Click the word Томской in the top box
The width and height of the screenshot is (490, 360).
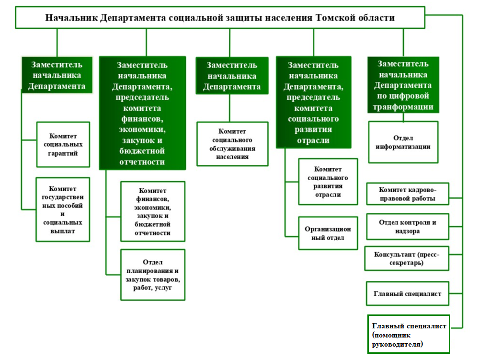[x=335, y=18]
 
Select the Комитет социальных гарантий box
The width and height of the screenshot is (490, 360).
[x=63, y=144]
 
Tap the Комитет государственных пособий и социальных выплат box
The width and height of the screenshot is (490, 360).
[x=63, y=209]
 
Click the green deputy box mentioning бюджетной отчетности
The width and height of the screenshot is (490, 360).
[x=143, y=113]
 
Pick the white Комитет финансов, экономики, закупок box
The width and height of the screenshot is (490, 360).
[x=153, y=211]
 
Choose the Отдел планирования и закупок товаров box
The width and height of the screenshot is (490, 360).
[x=153, y=275]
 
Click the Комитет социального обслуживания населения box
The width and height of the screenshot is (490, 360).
[x=232, y=144]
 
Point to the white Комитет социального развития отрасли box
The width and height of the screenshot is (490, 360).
[x=328, y=182]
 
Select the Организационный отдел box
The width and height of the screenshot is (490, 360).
[x=328, y=233]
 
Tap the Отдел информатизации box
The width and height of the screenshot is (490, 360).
[x=403, y=142]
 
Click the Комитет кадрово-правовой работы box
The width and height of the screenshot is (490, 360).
[x=408, y=194]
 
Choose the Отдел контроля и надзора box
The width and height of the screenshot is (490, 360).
[x=408, y=227]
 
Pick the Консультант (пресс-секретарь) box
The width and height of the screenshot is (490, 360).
[x=407, y=258]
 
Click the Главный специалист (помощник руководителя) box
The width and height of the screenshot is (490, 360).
[x=409, y=334]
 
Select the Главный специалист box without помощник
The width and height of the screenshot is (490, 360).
[x=408, y=294]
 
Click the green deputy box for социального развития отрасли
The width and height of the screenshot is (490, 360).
[x=313, y=102]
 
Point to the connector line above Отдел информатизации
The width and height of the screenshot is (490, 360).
[x=403, y=117]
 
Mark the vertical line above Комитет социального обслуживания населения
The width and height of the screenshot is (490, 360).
[x=230, y=108]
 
